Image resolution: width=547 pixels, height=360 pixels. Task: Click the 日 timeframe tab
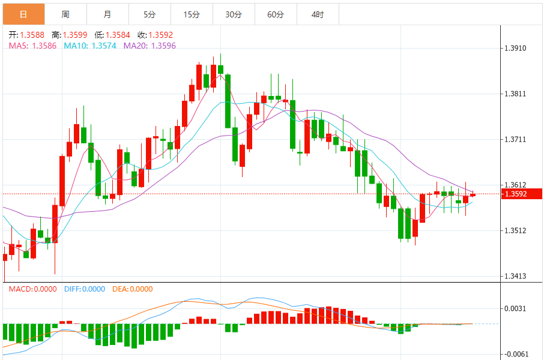(x=23, y=14)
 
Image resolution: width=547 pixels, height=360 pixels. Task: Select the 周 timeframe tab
(x=65, y=14)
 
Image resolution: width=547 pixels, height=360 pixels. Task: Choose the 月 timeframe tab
(x=107, y=14)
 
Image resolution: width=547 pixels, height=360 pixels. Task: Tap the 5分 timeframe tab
(x=150, y=14)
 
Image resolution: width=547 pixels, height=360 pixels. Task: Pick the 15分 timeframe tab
(x=192, y=14)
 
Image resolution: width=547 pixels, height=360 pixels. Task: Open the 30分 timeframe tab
(x=234, y=14)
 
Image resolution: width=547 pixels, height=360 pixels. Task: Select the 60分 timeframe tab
(x=276, y=14)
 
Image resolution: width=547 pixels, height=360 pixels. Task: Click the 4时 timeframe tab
(x=318, y=14)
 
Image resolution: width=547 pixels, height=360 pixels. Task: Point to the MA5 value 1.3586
(x=44, y=45)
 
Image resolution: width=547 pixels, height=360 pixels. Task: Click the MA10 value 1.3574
(x=104, y=45)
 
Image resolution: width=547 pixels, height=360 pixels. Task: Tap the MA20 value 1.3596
(x=163, y=45)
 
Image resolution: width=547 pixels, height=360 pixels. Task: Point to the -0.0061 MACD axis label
(x=516, y=354)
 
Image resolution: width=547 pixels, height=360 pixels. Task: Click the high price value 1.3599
(x=74, y=35)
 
